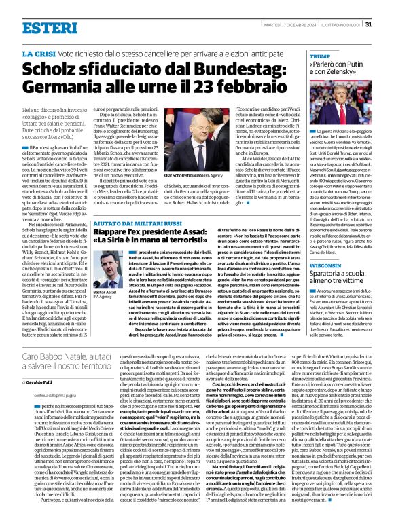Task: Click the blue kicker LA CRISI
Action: coord(41,53)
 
